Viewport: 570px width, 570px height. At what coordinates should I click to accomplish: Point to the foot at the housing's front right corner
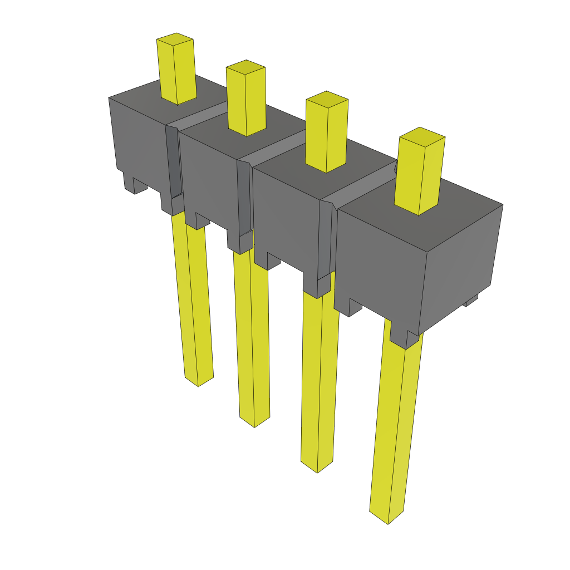(x=404, y=337)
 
